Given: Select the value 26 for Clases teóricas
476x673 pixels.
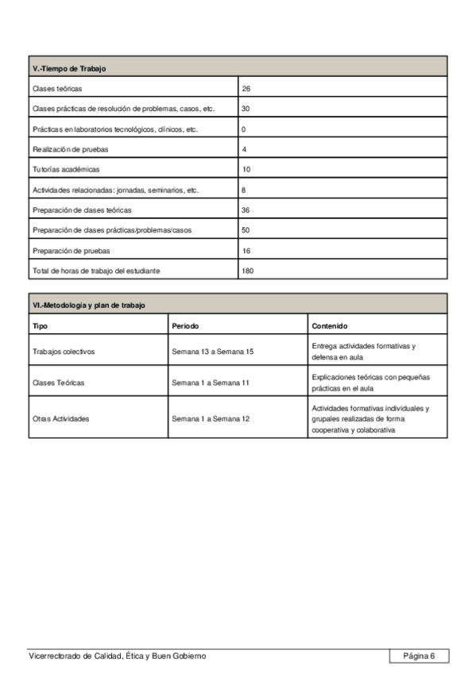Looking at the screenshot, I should point(246,88).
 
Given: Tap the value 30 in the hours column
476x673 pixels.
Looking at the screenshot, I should point(246,109).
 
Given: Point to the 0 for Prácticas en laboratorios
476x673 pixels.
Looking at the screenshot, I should point(244,129).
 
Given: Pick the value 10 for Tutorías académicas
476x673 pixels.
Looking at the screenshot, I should point(246,170).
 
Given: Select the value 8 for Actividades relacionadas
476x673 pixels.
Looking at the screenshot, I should point(244,190).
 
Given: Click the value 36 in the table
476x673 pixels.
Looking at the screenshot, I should point(246,210).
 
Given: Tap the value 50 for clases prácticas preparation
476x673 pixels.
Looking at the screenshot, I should point(246,230).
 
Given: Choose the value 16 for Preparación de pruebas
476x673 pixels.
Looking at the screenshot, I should point(246,251).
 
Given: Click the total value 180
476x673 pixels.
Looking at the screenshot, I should point(249,271).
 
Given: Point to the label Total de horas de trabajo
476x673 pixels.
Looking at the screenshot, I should point(96,271).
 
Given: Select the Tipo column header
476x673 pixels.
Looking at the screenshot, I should point(40,326).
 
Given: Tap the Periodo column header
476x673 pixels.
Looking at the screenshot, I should point(185,326).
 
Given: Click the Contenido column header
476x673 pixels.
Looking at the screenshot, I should point(329,326).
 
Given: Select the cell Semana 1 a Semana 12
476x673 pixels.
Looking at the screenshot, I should point(211,418).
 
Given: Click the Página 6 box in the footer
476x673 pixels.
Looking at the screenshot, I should point(419,656).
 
